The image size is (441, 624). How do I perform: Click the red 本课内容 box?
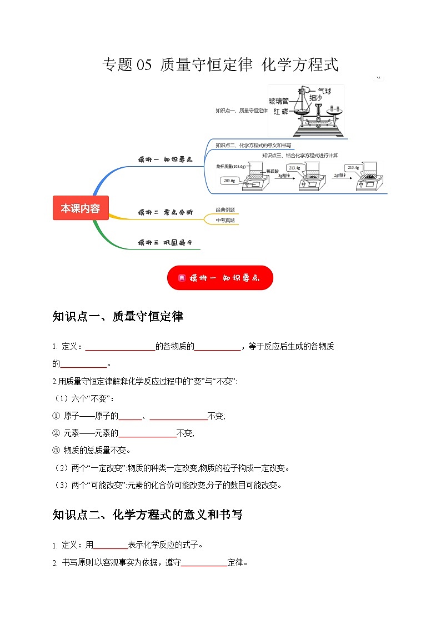coord(81,208)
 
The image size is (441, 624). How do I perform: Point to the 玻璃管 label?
coord(278,101)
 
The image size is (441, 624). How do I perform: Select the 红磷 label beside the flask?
coord(281,112)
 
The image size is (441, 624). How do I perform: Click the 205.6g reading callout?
coord(229,180)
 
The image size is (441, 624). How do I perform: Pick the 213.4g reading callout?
coord(294,167)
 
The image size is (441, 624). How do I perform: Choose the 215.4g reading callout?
coord(353,167)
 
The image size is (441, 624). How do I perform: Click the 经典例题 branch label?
coord(225,209)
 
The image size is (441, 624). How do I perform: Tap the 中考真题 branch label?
coord(225,220)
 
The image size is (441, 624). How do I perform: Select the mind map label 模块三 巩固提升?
coord(165,242)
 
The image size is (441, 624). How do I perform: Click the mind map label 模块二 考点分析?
coord(165,212)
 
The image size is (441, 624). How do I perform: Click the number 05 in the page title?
coord(143,65)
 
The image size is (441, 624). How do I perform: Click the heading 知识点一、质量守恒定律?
coord(117,317)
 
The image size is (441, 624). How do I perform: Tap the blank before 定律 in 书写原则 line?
coord(204,563)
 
